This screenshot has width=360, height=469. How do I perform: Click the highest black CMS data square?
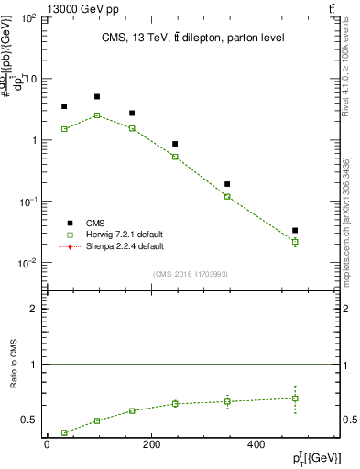97,96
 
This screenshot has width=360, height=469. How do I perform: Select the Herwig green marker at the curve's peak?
97,115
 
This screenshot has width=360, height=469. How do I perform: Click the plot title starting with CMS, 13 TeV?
192,38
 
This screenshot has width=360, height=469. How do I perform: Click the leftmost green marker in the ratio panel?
64,432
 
